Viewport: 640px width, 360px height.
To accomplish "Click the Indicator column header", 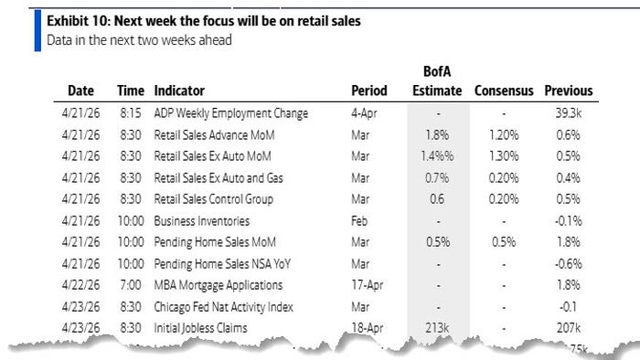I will [x=178, y=90].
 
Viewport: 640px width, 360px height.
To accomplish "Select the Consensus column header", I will [x=503, y=90].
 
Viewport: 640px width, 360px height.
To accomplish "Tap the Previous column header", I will [x=569, y=90].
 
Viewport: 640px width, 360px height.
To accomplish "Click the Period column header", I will [x=369, y=90].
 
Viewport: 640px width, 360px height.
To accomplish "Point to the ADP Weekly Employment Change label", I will [x=230, y=113].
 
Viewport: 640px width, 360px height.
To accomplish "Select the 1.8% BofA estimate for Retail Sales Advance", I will [x=437, y=134].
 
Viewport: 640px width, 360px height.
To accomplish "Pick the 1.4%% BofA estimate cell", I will [x=437, y=156].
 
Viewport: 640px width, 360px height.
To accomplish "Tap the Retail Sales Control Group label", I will [x=213, y=199].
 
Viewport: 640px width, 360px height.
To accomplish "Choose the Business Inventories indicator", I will [x=201, y=220].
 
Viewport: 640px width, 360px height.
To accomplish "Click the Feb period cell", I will [x=360, y=220].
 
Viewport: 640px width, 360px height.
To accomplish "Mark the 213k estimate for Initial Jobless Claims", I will [x=437, y=327].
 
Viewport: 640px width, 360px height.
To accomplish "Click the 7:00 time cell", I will [x=130, y=284].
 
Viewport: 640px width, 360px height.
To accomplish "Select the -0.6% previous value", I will [x=569, y=263].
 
